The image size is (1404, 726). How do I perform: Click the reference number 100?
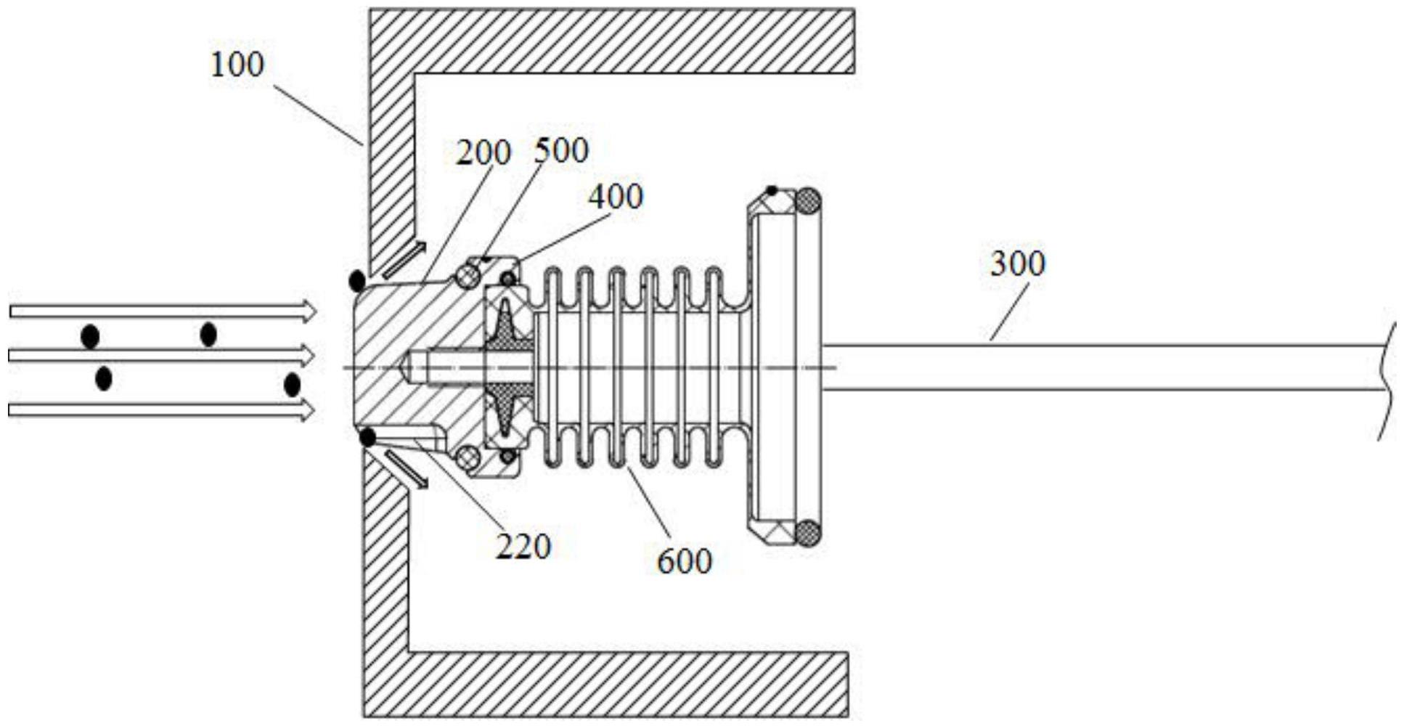coord(237,65)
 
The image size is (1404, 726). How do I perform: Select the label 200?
coord(483,152)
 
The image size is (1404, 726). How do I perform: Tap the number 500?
coord(561,150)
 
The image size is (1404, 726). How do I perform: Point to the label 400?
coord(616,196)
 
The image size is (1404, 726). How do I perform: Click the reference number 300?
coord(1018,263)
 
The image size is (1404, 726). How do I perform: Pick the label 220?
coord(523,546)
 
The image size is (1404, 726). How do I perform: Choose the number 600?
coord(685,560)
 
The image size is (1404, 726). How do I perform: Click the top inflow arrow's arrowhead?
coord(309,311)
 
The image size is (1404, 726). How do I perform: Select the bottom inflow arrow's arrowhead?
coord(308,411)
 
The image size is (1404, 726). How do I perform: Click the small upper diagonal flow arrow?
coord(404,260)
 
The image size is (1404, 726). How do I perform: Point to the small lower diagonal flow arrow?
coord(407,468)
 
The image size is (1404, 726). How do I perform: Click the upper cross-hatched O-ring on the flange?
coord(807,201)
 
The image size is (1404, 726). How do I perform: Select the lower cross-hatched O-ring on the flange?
coord(807,534)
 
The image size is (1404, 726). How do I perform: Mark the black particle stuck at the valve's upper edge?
coord(356,280)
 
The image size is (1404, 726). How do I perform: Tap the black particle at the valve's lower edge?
coord(368,438)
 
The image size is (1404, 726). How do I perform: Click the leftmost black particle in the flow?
coord(90,337)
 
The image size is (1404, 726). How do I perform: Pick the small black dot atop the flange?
coord(772,191)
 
